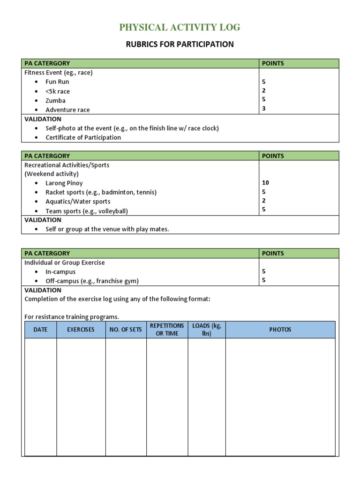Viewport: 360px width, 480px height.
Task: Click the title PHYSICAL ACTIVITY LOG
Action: point(180,28)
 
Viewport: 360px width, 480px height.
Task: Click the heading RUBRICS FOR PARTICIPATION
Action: point(180,45)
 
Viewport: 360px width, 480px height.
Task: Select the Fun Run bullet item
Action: point(57,82)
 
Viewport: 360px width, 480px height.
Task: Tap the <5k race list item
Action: point(58,91)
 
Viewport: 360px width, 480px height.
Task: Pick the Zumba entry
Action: point(55,101)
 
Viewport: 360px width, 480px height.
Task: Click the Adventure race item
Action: point(67,110)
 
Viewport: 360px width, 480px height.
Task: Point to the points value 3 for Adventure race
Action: point(264,109)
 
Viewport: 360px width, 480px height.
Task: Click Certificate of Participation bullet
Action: point(83,138)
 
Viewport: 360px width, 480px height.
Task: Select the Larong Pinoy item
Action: point(64,183)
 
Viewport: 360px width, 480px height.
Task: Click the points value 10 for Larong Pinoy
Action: point(265,183)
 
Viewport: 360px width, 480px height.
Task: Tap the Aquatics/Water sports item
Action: point(78,202)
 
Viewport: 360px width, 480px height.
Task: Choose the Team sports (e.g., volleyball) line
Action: point(86,211)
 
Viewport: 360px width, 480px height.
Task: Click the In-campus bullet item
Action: point(60,272)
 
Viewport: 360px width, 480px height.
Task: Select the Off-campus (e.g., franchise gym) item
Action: point(92,281)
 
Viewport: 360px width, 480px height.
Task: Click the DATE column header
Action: point(41,330)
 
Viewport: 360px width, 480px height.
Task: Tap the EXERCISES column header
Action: point(81,330)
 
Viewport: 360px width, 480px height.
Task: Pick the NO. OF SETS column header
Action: point(126,330)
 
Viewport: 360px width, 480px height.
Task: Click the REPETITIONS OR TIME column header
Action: point(167,330)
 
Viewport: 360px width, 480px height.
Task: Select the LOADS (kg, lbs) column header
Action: point(206,330)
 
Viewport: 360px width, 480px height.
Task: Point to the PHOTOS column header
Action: point(280,330)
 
